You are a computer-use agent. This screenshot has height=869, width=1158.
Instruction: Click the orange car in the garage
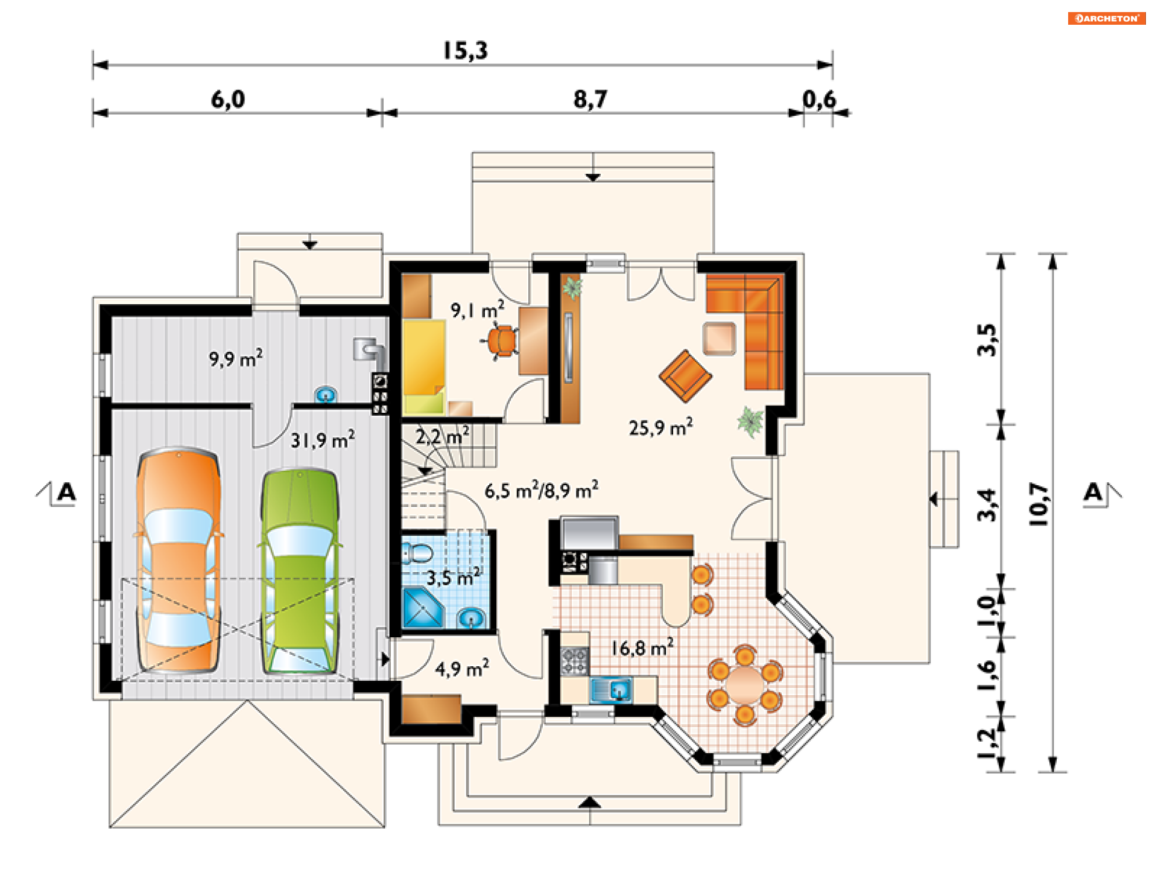click(178, 560)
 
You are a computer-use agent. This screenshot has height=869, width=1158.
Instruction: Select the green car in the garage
click(300, 571)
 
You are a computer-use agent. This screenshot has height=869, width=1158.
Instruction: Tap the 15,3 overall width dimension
click(465, 51)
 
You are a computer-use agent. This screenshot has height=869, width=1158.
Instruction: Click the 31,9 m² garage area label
click(323, 439)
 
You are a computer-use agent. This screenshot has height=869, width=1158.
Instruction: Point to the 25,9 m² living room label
click(660, 427)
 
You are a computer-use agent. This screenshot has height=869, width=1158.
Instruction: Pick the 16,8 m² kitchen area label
click(642, 648)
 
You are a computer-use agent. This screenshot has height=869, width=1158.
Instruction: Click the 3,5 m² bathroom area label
click(454, 577)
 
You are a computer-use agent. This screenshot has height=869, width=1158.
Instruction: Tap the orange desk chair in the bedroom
click(502, 341)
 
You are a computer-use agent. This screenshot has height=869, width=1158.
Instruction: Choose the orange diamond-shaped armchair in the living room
click(685, 376)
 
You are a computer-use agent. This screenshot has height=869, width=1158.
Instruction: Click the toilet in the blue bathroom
click(417, 553)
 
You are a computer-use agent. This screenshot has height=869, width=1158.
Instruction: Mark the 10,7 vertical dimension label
click(1039, 504)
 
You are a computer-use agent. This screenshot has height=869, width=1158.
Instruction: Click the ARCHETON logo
click(1107, 18)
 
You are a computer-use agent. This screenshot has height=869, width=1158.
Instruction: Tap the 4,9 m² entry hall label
click(462, 669)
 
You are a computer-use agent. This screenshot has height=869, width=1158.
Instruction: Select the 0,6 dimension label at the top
click(819, 100)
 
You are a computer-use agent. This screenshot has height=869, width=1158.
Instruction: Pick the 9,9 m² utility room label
click(236, 358)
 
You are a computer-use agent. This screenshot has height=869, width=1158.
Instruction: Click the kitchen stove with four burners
click(575, 661)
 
